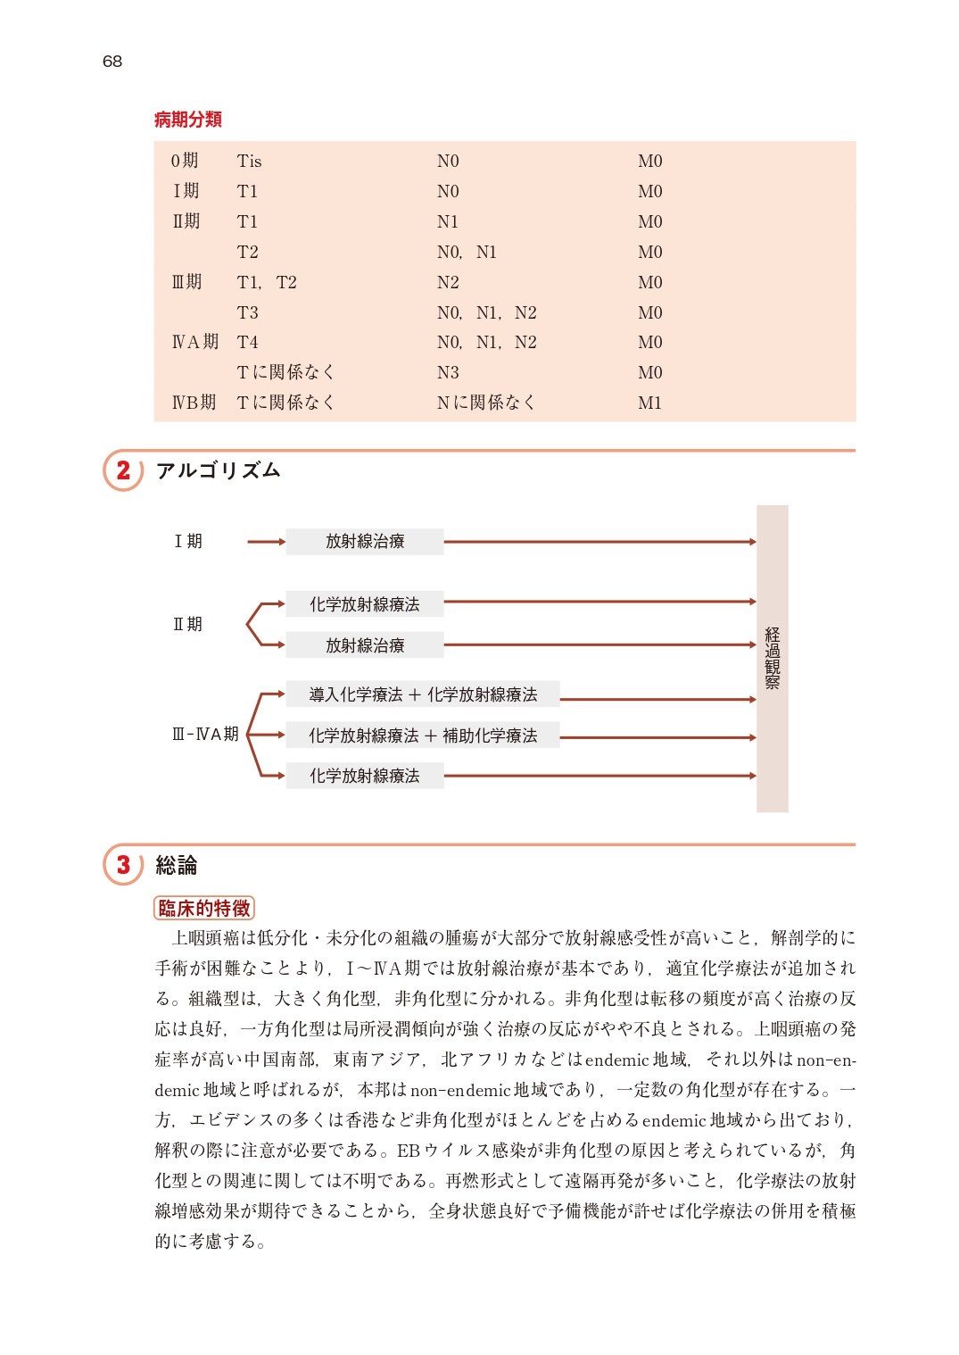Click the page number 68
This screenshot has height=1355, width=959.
tap(112, 62)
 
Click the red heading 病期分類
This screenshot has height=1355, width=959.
tap(188, 120)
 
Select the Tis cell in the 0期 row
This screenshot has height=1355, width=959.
tap(249, 162)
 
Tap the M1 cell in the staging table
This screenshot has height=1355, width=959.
tap(649, 403)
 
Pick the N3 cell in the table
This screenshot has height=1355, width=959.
tap(448, 372)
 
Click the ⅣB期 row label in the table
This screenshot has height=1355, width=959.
tap(194, 403)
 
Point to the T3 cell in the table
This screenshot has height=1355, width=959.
tap(247, 312)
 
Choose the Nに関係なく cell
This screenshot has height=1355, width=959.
tap(485, 403)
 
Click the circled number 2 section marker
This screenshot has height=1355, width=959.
tap(123, 470)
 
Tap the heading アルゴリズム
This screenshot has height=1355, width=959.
tap(219, 470)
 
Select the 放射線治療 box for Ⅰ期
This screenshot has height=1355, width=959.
tap(364, 542)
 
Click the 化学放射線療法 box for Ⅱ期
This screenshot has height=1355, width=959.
tap(364, 604)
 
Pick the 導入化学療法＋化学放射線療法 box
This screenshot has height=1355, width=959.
tap(423, 694)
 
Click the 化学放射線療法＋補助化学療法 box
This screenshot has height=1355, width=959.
tap(423, 736)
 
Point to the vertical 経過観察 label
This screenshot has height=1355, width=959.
tap(773, 658)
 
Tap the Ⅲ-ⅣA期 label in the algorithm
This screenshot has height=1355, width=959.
tap(205, 734)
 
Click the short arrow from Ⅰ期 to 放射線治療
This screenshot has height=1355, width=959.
tap(266, 542)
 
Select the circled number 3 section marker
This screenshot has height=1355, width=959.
tap(123, 865)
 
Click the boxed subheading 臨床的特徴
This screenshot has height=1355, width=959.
tap(204, 908)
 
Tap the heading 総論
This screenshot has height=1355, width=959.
tap(177, 865)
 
